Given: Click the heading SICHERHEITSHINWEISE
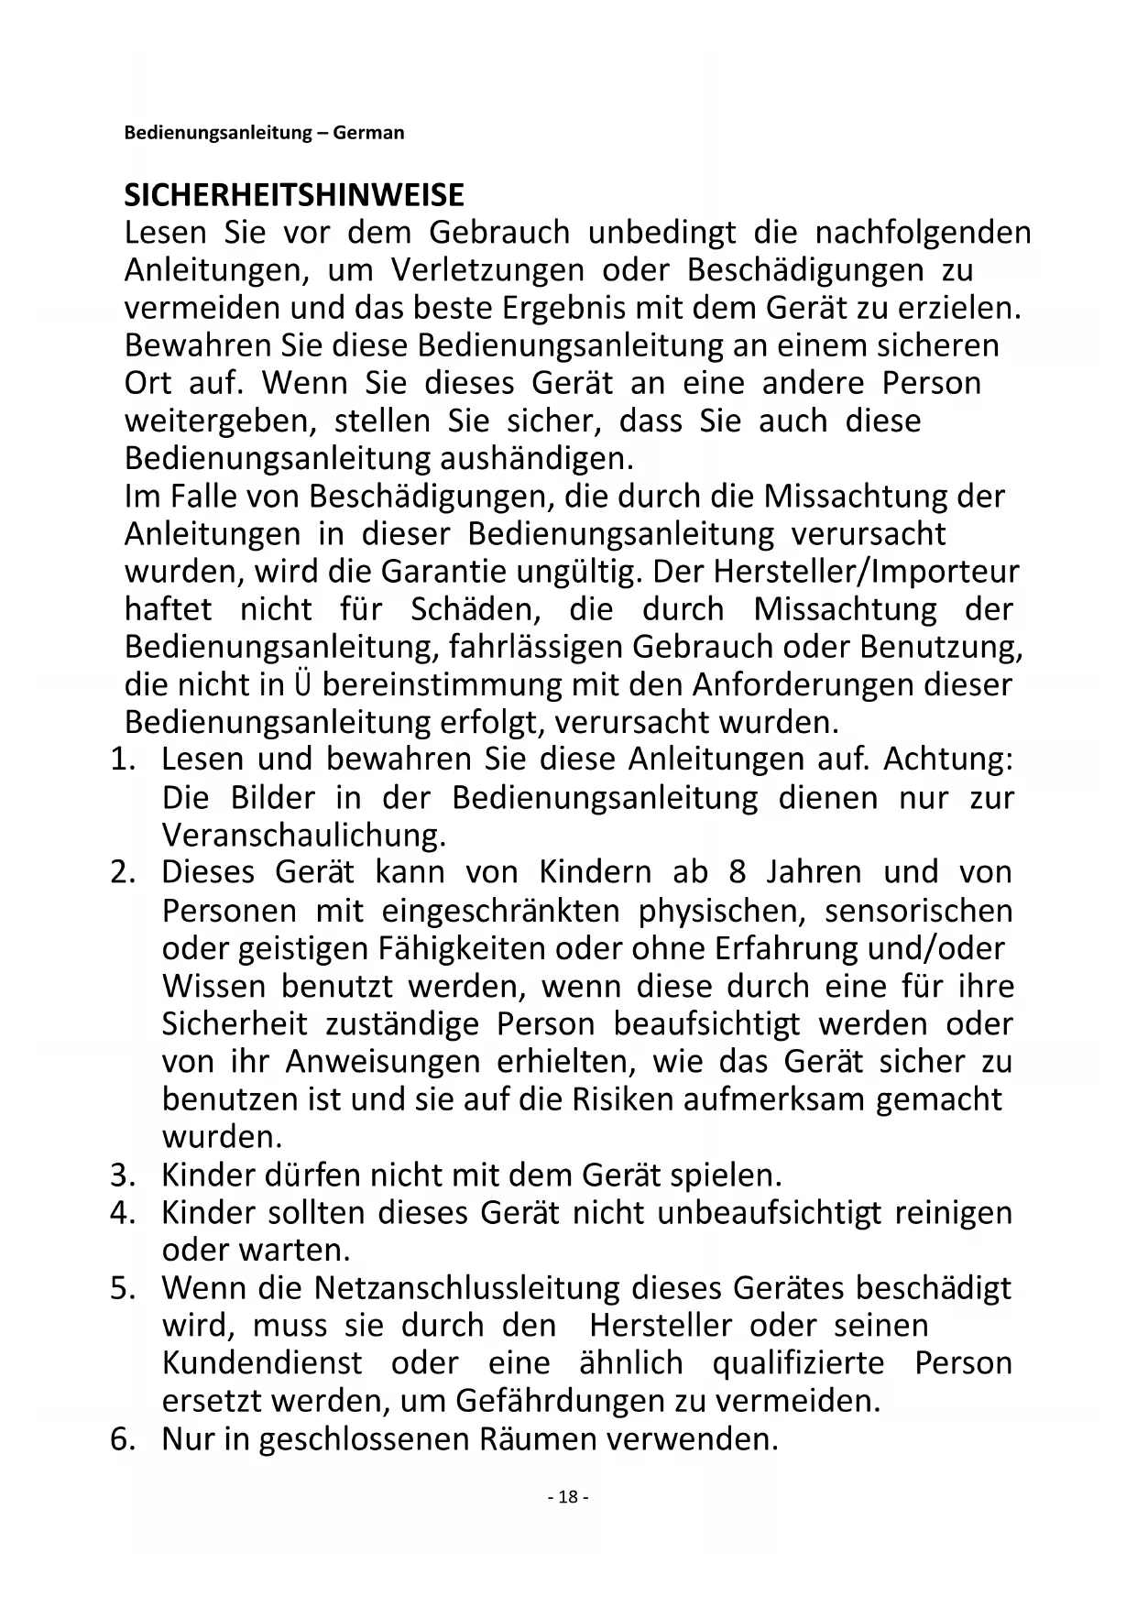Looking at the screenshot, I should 294,195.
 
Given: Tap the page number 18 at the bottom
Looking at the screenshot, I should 568,1496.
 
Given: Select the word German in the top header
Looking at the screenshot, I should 368,133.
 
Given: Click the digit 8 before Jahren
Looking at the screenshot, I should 738,872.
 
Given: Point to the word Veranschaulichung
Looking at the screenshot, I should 303,836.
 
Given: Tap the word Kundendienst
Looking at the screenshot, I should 262,1363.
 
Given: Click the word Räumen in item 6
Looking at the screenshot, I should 531,1439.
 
